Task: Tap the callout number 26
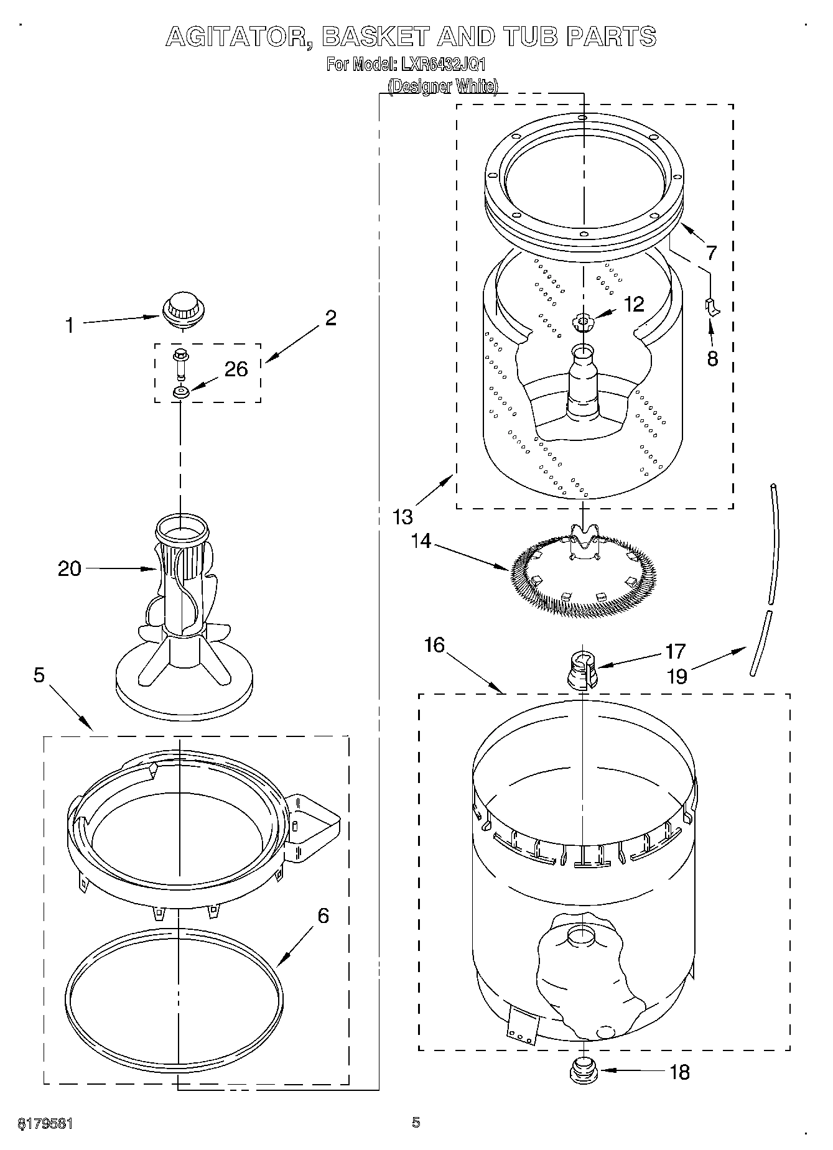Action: [x=236, y=369]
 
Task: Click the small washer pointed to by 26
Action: [x=181, y=392]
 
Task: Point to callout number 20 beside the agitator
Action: [x=69, y=568]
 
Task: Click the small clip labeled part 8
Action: [x=712, y=307]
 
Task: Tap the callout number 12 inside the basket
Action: [x=634, y=304]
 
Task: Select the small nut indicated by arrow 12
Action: [x=582, y=322]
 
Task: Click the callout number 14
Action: [x=421, y=540]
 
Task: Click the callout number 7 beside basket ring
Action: [x=710, y=253]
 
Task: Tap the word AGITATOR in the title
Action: [x=238, y=37]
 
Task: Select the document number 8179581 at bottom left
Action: [x=45, y=1124]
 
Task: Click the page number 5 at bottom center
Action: [x=416, y=1122]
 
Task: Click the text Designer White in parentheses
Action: [x=442, y=86]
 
